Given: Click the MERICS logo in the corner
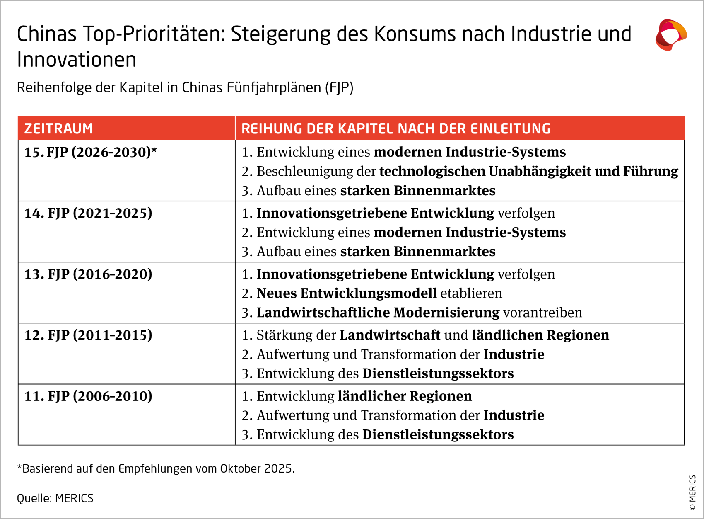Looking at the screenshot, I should [671, 35].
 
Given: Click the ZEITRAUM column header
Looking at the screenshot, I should [58, 129].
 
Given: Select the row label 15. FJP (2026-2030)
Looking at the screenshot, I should [90, 152].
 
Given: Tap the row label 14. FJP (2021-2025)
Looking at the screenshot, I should [88, 213].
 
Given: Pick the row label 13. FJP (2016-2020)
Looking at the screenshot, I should [88, 274].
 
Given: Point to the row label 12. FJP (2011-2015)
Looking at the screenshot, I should [88, 335].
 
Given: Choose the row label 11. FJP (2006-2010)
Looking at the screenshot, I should [88, 396].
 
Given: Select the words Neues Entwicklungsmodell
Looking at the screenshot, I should [347, 293].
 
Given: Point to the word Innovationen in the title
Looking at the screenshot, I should [77, 60].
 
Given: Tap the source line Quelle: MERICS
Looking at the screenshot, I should [55, 498].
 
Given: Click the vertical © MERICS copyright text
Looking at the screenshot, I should [692, 493].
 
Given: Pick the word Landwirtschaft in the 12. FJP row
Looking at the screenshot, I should [390, 335].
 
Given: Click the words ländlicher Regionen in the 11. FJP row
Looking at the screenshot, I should [405, 396].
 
